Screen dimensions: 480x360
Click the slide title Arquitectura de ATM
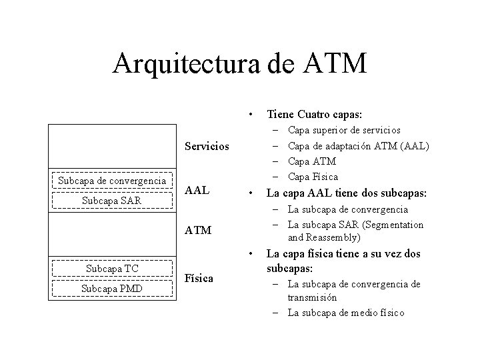click(239, 63)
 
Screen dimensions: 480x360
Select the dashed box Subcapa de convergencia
click(112, 181)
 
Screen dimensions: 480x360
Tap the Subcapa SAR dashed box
click(112, 200)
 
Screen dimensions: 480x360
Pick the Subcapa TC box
click(112, 269)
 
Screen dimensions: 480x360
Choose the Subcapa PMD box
click(112, 289)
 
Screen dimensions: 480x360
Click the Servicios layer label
click(207, 145)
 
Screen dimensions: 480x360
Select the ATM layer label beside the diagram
click(198, 231)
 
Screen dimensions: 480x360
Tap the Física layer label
click(199, 278)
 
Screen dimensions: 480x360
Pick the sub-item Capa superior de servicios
click(344, 130)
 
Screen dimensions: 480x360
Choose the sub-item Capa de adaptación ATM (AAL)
click(359, 146)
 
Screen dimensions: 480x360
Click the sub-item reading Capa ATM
click(312, 161)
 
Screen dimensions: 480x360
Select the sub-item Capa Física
click(313, 177)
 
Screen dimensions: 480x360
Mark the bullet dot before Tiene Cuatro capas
click(249, 113)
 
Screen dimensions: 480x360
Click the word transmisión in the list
click(312, 298)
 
